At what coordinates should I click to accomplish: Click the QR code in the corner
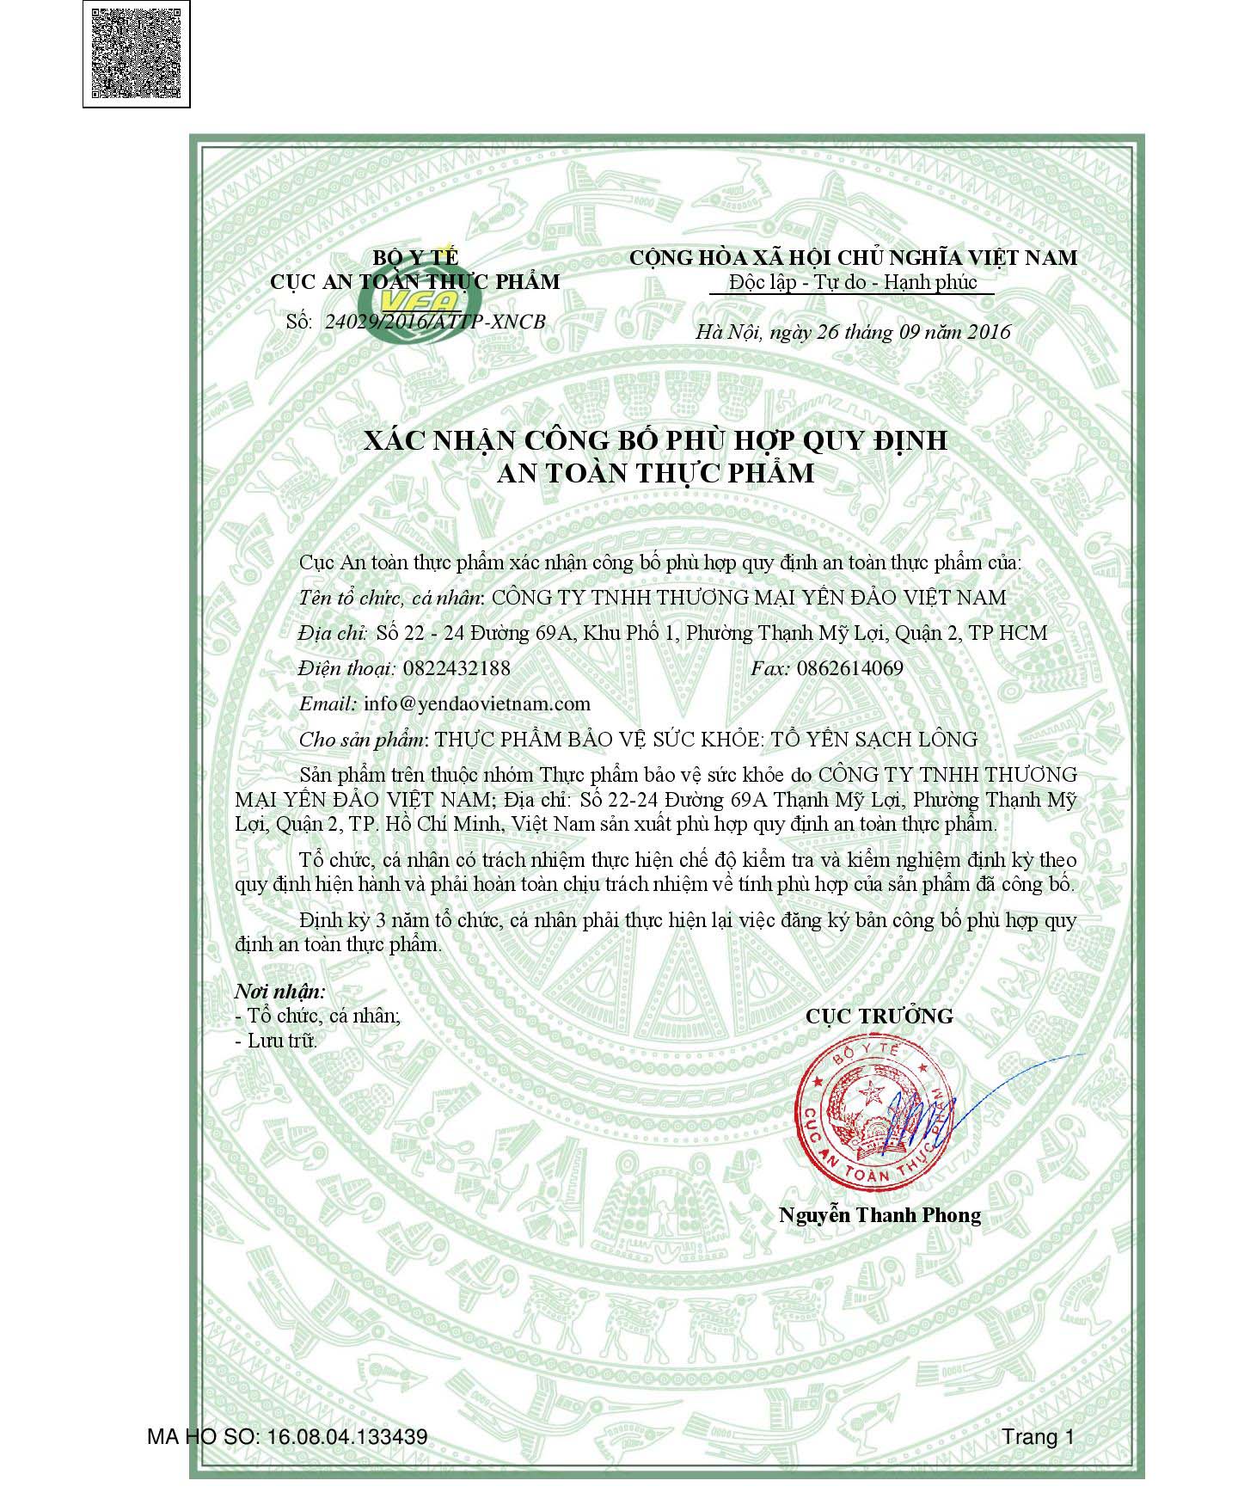pos(136,54)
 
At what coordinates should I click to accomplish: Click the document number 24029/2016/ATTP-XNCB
pos(435,322)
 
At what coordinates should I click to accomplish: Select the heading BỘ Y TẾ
pos(415,256)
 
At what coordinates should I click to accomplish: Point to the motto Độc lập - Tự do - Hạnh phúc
pos(852,282)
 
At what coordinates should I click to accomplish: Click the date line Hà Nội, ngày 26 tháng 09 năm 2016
pos(853,332)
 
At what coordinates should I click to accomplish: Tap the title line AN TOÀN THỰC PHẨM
pos(655,473)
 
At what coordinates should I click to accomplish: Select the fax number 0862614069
pos(849,668)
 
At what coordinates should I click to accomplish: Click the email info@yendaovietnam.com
pos(477,703)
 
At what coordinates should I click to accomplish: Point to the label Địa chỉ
pos(333,633)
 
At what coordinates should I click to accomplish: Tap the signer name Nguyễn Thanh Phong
pos(879,1214)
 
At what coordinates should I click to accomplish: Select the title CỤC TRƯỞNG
pos(879,1016)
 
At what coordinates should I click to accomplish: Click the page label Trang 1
pos(1038,1437)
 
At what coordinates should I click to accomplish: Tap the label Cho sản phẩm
pos(362,739)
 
